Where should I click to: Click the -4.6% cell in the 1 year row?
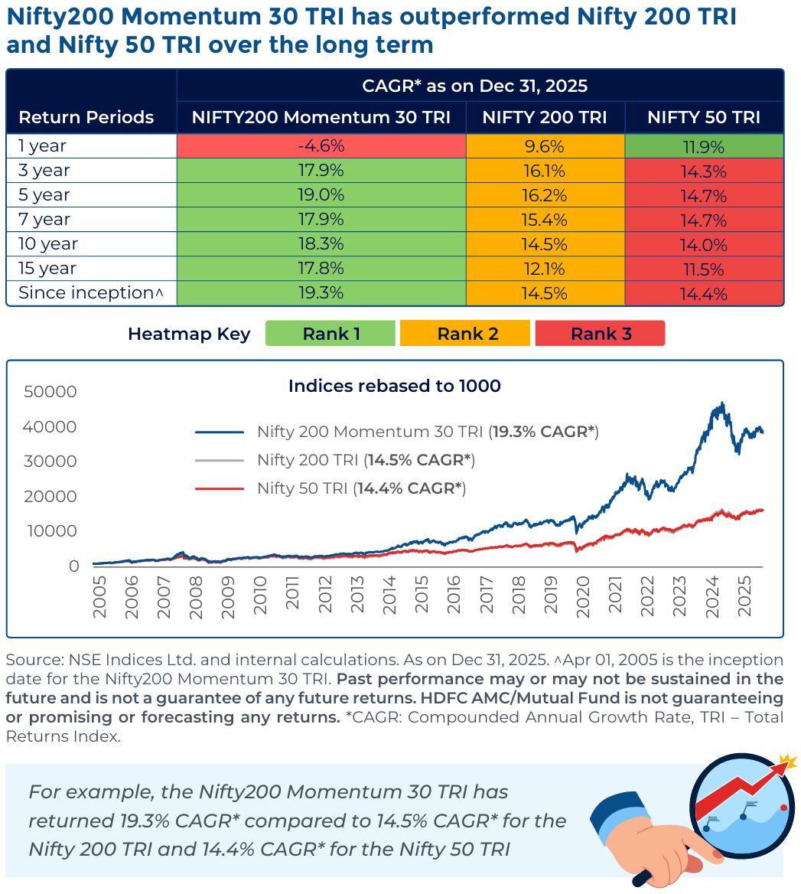pyautogui.click(x=321, y=146)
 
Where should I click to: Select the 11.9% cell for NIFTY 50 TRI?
pyautogui.click(x=704, y=146)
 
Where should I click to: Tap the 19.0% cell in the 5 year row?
pyautogui.click(x=321, y=195)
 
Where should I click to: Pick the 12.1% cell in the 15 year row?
pyautogui.click(x=545, y=269)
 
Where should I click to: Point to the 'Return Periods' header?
pyautogui.click(x=86, y=117)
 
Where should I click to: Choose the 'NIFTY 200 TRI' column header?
pyautogui.click(x=545, y=117)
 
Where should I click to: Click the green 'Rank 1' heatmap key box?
pyautogui.click(x=330, y=334)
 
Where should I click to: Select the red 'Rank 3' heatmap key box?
pyautogui.click(x=601, y=334)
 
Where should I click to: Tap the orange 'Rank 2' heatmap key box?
pyautogui.click(x=465, y=334)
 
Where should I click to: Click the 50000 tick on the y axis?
pyautogui.click(x=50, y=392)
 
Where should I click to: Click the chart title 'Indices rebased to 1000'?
pyautogui.click(x=394, y=386)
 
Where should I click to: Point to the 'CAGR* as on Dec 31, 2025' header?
pyautogui.click(x=474, y=86)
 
